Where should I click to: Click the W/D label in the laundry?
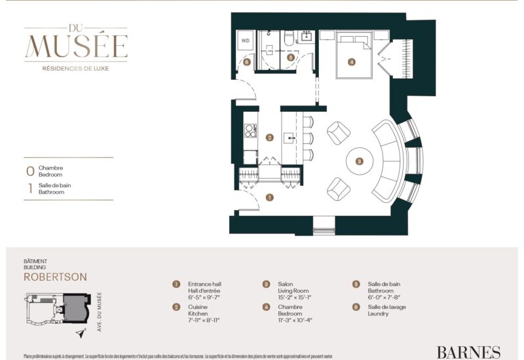pyautogui.click(x=246, y=41)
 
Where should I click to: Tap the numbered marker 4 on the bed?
pyautogui.click(x=352, y=63)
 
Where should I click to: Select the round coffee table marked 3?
pyautogui.click(x=358, y=160)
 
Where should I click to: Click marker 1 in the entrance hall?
pyautogui.click(x=269, y=196)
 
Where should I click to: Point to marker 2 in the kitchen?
pyautogui.click(x=269, y=137)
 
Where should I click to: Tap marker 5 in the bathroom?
pyautogui.click(x=291, y=58)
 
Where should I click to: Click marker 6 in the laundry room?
pyautogui.click(x=246, y=63)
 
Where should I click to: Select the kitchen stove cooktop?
pyautogui.click(x=250, y=132)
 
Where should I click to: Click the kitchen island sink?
pyautogui.click(x=290, y=138)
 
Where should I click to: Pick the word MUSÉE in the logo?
pyautogui.click(x=76, y=46)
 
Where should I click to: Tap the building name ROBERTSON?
pyautogui.click(x=55, y=277)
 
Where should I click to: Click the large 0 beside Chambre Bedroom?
pyautogui.click(x=29, y=171)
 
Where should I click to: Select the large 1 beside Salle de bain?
pyautogui.click(x=29, y=189)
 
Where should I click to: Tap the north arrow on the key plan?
pyautogui.click(x=81, y=333)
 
